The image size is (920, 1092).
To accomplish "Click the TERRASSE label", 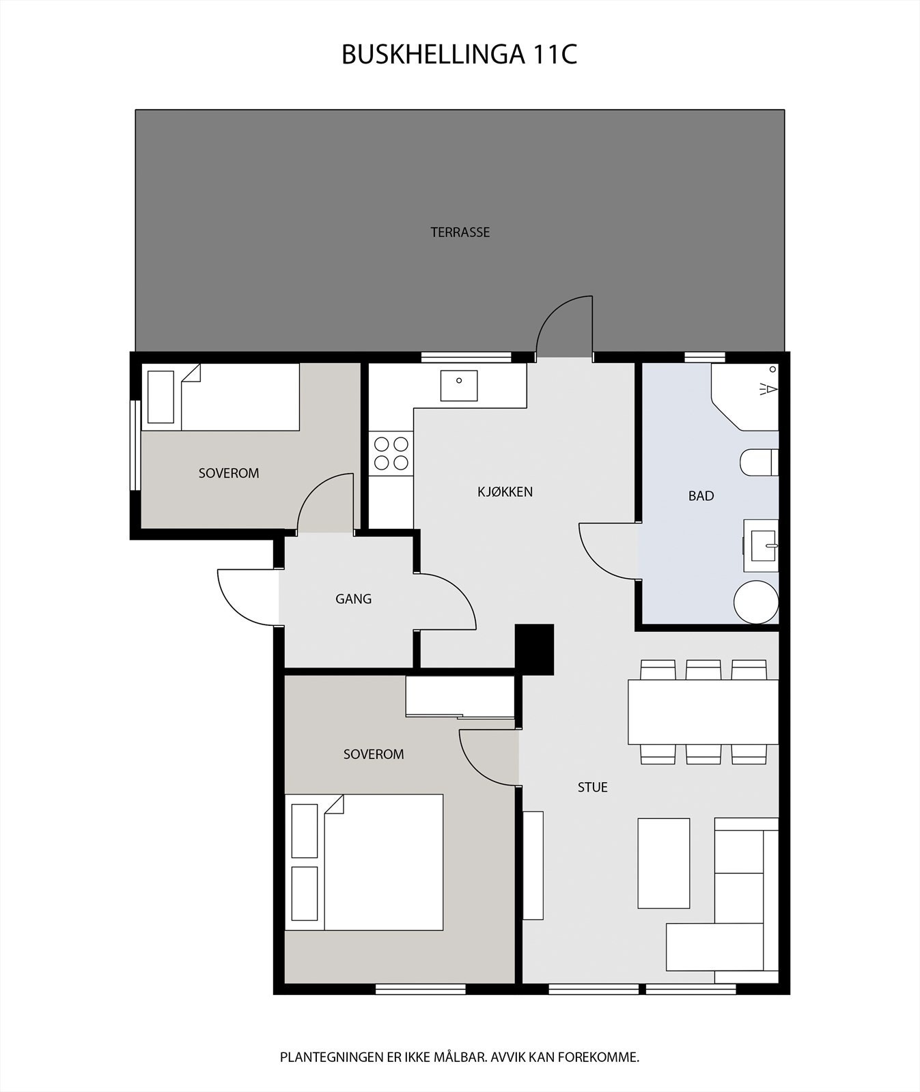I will click(x=460, y=232).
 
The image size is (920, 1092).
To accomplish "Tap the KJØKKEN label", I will click(x=505, y=491).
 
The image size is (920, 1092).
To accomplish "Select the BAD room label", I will click(x=701, y=496).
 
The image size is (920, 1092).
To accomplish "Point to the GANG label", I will click(x=353, y=599).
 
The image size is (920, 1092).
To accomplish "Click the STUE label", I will click(x=592, y=787).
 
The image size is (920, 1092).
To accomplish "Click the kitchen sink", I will click(x=459, y=385).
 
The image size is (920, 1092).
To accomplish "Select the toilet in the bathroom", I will click(x=758, y=462).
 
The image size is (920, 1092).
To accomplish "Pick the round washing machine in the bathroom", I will click(x=756, y=602).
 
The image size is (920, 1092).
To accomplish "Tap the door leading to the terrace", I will click(x=565, y=328).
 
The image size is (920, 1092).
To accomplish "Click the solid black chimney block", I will click(x=534, y=649).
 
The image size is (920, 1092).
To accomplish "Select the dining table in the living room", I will click(x=703, y=712).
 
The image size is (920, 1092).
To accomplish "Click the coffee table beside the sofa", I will click(x=663, y=863).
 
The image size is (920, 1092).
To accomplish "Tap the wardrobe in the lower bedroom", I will click(x=460, y=696).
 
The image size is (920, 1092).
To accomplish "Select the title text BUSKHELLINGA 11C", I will click(x=459, y=55).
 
